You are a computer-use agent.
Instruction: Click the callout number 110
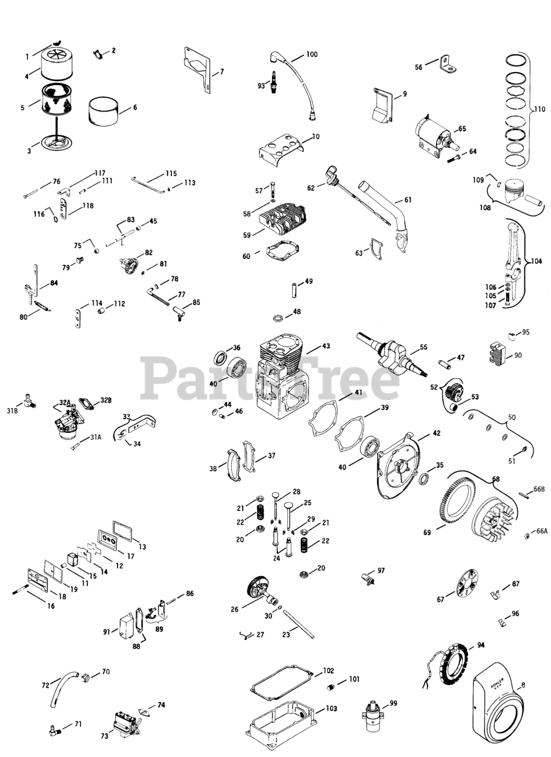pos(539,109)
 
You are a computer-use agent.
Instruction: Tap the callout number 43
pos(326,346)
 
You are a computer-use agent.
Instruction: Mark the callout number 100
pos(312,54)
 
